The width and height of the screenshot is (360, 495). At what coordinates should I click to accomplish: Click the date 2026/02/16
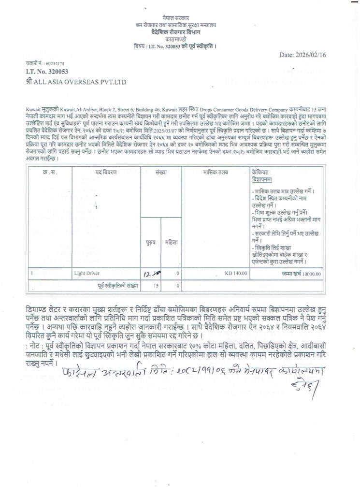point(309,55)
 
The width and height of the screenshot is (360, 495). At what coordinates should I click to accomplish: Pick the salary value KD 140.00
point(236,274)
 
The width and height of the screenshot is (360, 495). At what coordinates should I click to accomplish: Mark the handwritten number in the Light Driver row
point(151,274)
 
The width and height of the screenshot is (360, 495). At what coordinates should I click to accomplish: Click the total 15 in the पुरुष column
point(156,286)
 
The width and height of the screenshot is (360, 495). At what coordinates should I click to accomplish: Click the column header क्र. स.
point(50,172)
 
